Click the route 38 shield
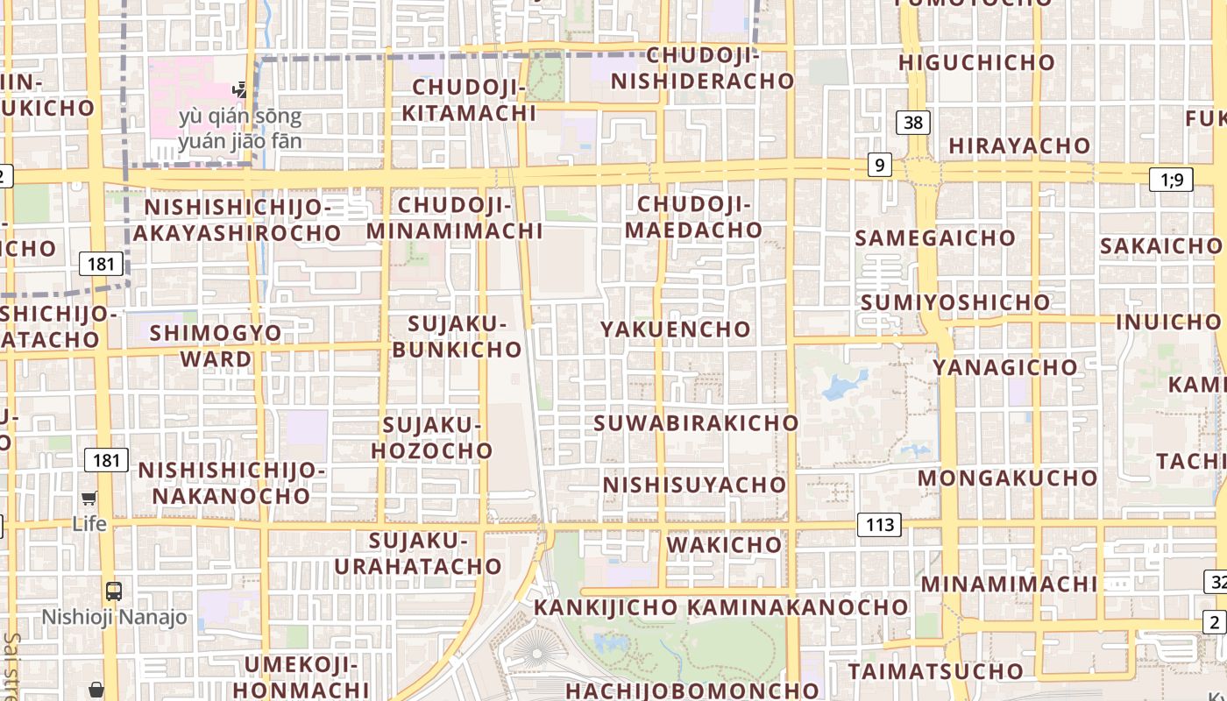pyautogui.click(x=912, y=122)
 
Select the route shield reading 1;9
pyautogui.click(x=1171, y=180)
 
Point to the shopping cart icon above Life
pyautogui.click(x=89, y=499)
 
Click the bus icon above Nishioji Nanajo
pyautogui.click(x=114, y=591)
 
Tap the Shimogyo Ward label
pyautogui.click(x=216, y=345)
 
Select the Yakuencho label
pyautogui.click(x=676, y=329)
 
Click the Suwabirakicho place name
pyautogui.click(x=696, y=422)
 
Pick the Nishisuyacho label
pyautogui.click(x=694, y=484)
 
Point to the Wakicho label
pyautogui.click(x=724, y=544)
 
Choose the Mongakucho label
pyautogui.click(x=1007, y=478)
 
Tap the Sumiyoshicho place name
pyautogui.click(x=954, y=302)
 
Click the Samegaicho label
pyautogui.click(x=934, y=237)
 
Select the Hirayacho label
pyautogui.click(x=1019, y=145)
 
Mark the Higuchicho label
pyautogui.click(x=976, y=62)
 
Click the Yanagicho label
pyautogui.click(x=1004, y=367)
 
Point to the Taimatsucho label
pyautogui.click(x=935, y=671)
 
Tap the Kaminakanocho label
pyautogui.click(x=797, y=606)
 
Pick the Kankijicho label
pyautogui.click(x=606, y=606)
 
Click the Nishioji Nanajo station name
pyautogui.click(x=114, y=617)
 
